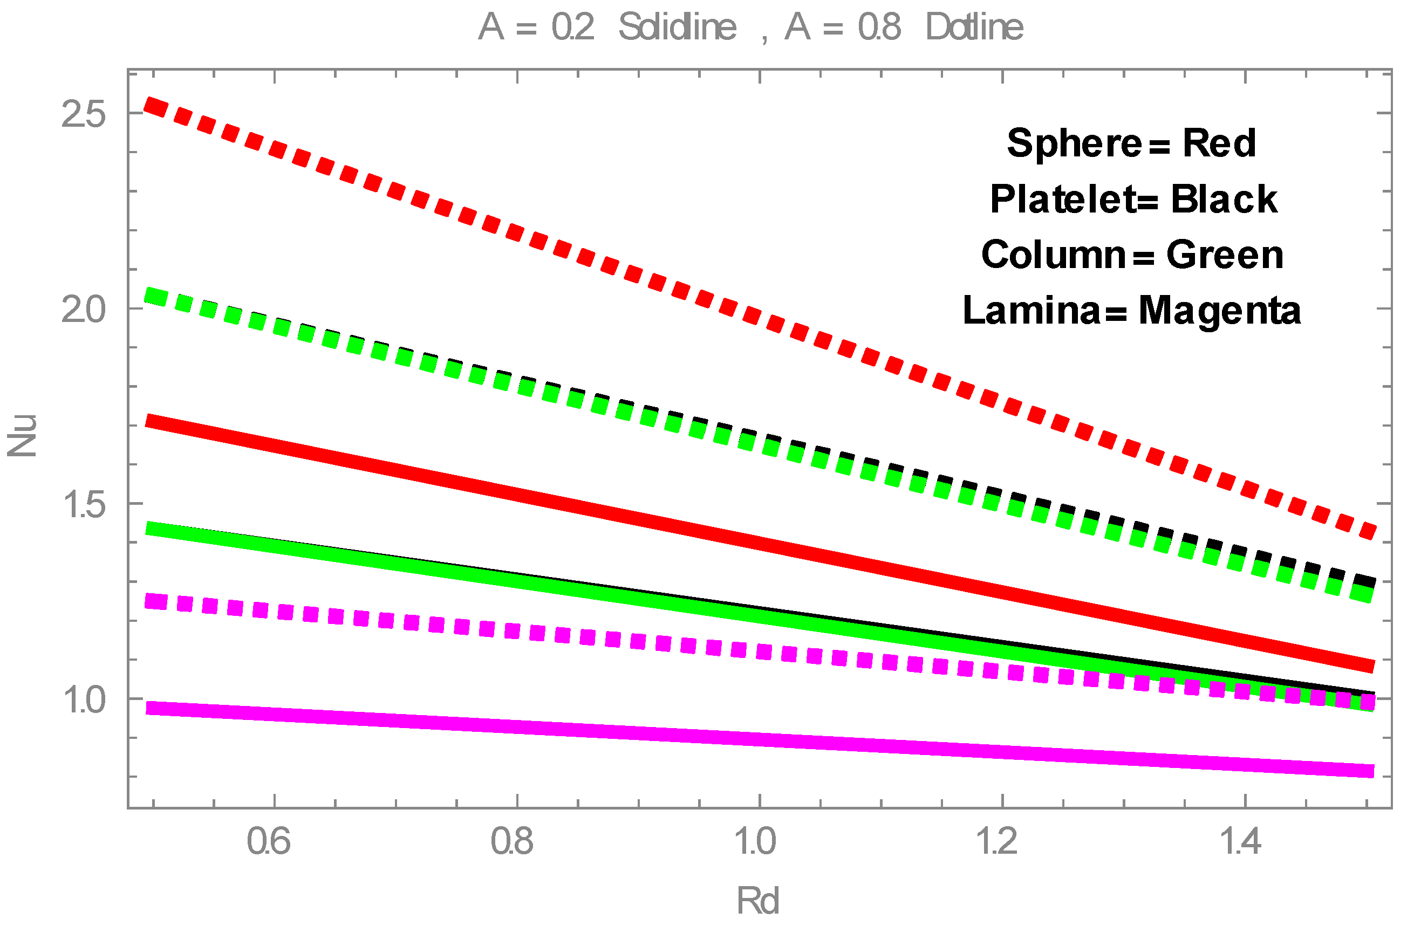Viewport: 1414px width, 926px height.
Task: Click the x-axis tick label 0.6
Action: pos(269,842)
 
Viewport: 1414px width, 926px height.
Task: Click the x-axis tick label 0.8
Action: pos(511,842)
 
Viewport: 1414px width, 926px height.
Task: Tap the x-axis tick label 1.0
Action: pos(755,842)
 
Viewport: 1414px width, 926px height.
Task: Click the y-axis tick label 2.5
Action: pos(83,114)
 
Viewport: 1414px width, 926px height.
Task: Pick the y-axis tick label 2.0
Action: pos(83,310)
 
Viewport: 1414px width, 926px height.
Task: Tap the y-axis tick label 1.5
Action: pos(83,504)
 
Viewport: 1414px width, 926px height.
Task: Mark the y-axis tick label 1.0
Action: pos(83,699)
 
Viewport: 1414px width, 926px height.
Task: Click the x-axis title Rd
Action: pos(757,901)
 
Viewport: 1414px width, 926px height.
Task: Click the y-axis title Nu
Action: pos(23,436)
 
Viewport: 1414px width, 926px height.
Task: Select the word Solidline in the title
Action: pos(677,28)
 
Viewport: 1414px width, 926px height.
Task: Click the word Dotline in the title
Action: pos(974,28)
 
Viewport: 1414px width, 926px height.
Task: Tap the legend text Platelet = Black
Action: pos(1133,199)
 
